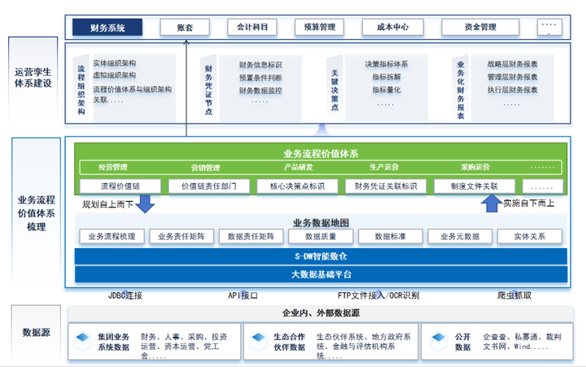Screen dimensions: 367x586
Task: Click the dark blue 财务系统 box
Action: tap(107, 28)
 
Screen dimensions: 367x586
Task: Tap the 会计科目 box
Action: tap(251, 28)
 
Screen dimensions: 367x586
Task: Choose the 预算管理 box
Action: tap(315, 28)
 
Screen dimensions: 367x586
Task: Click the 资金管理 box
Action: tap(480, 28)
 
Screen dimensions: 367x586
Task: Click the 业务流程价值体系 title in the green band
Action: tap(321, 153)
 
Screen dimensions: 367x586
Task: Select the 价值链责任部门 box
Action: tap(203, 186)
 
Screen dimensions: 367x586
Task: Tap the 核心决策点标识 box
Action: tap(291, 186)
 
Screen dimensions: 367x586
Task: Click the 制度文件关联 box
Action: tap(467, 186)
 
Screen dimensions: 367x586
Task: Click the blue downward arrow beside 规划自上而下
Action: tap(145, 204)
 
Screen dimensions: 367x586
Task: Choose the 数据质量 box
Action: tap(319, 237)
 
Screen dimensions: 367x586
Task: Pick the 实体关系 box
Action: tap(530, 237)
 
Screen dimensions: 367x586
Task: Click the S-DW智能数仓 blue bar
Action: tap(321, 256)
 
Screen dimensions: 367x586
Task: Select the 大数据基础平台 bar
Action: tap(321, 273)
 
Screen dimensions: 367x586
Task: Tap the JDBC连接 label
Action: tap(125, 295)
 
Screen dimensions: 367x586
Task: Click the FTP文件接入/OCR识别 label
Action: tap(378, 295)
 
